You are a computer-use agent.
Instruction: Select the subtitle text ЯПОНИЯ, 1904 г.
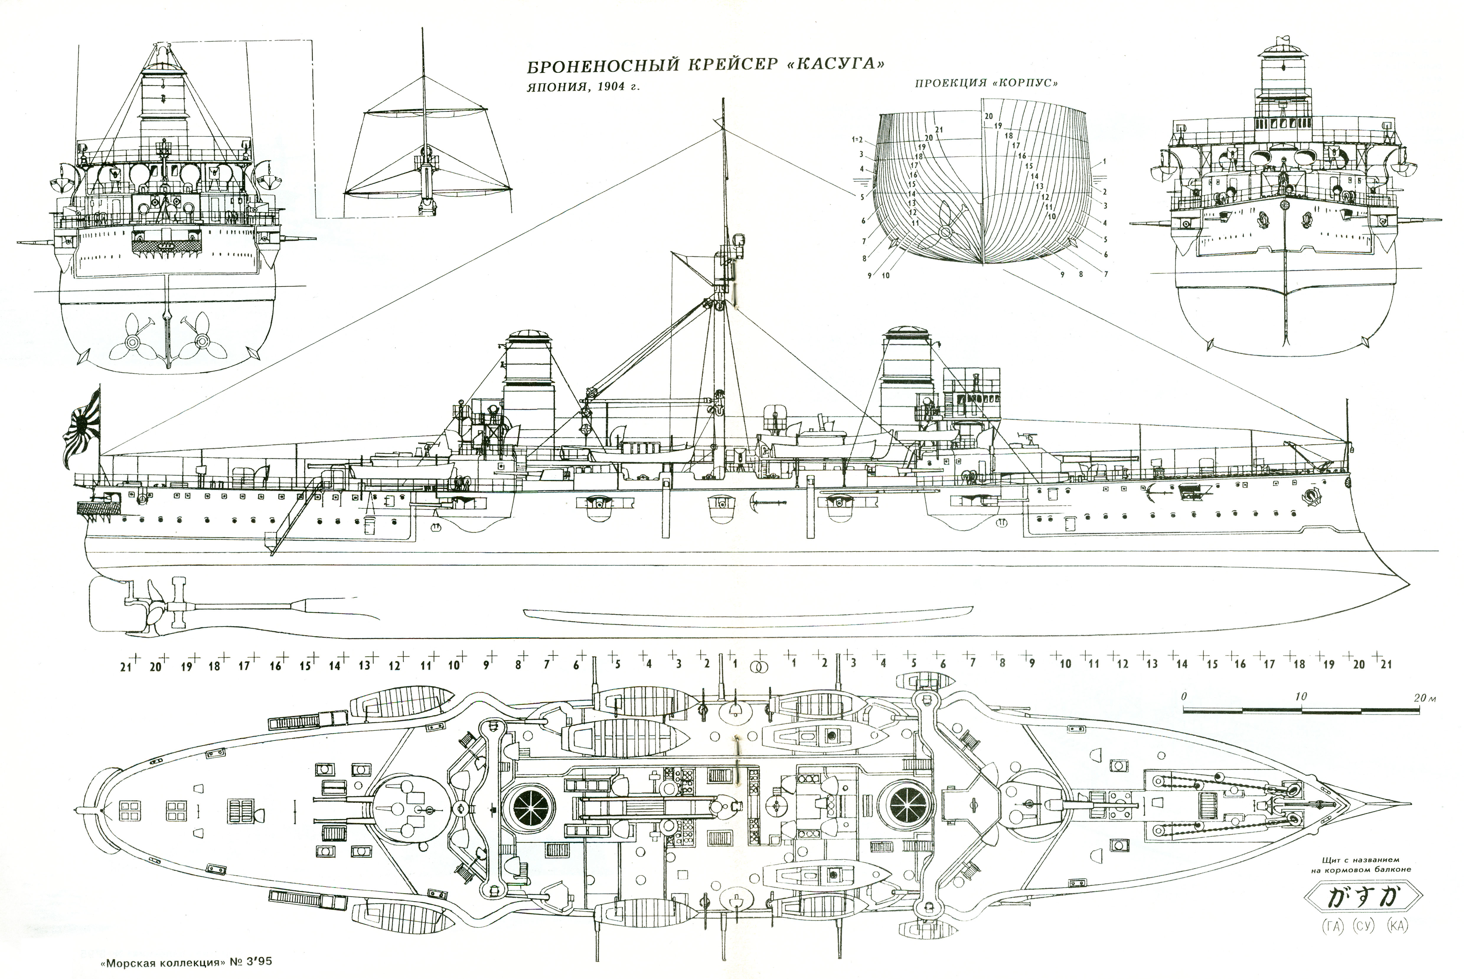(583, 87)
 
